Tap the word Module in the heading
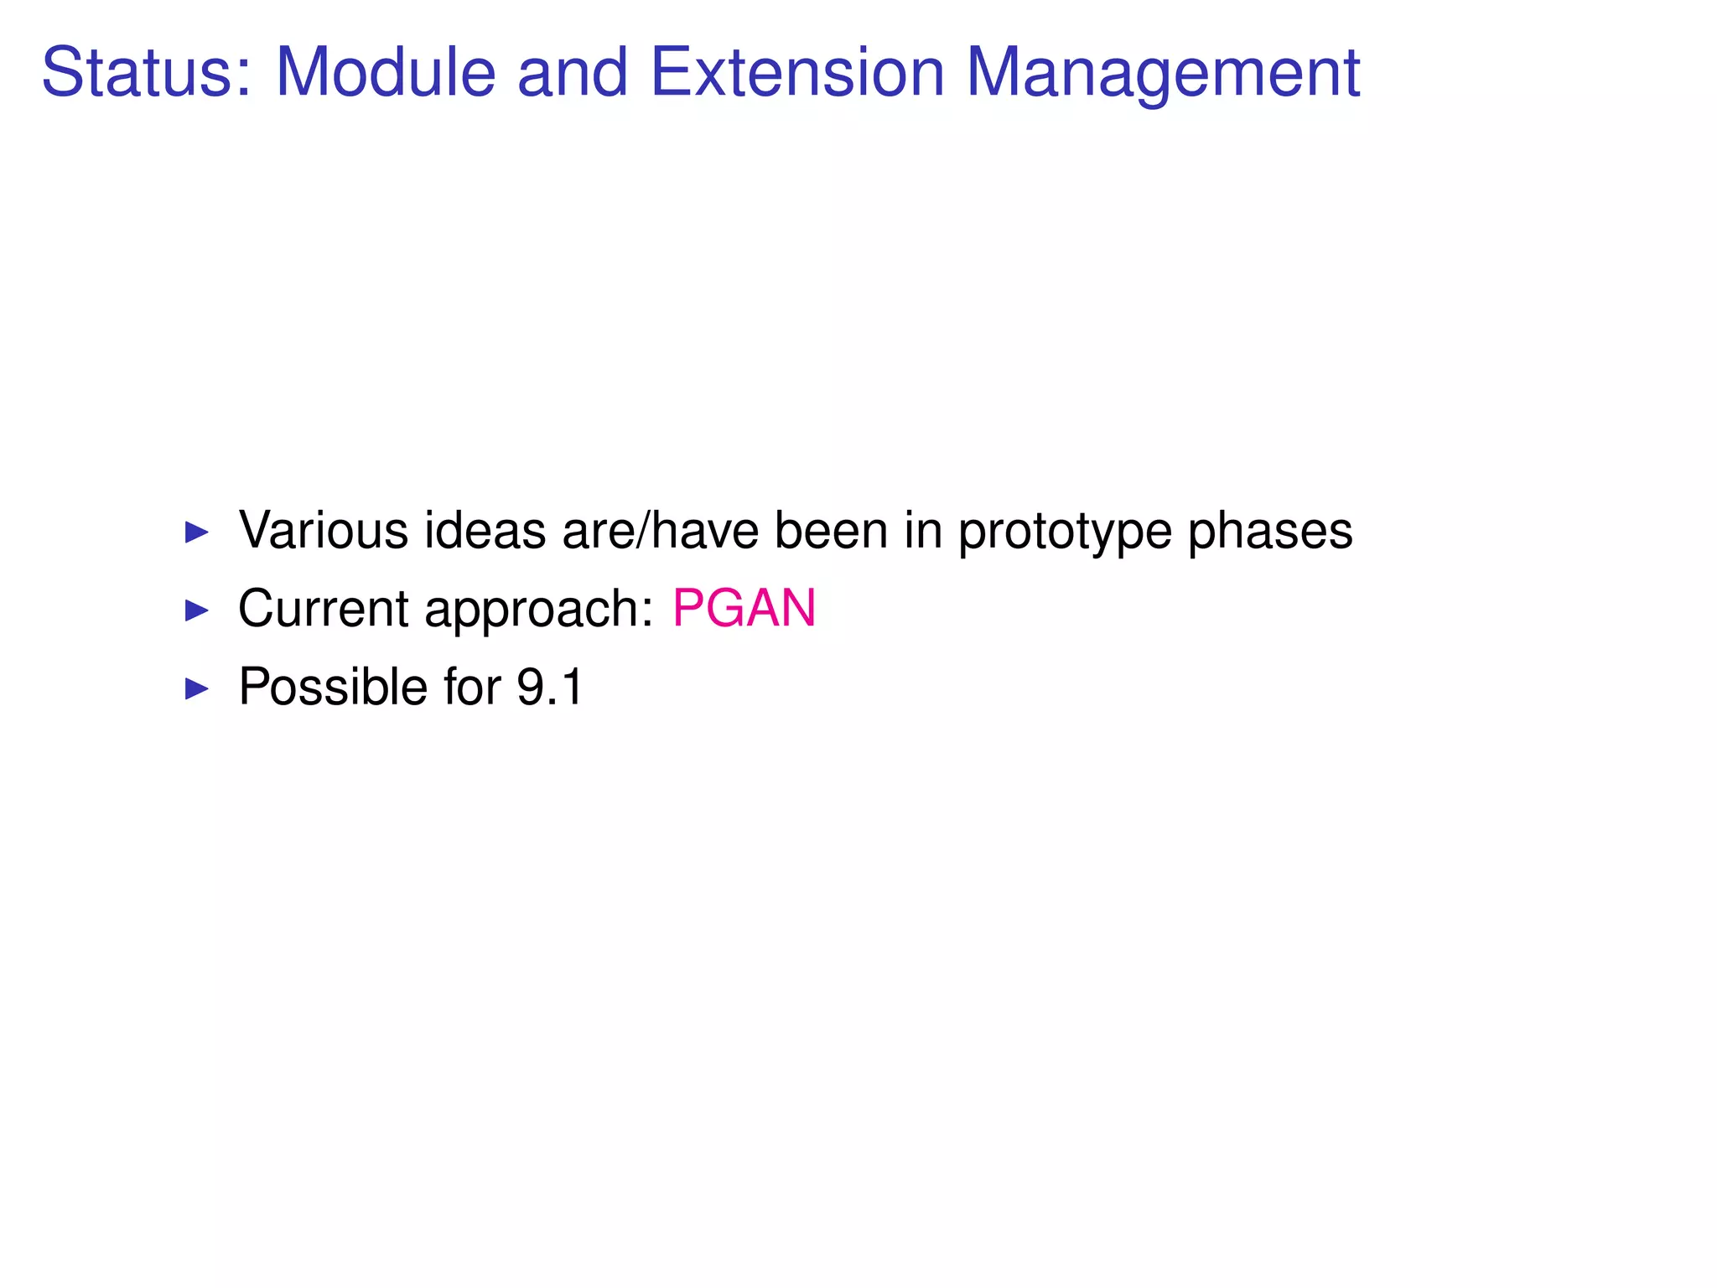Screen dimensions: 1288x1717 386,72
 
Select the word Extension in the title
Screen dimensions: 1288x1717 797,72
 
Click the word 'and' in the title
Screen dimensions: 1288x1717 573,72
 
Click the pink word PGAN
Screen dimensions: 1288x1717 744,608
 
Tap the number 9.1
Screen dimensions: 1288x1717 549,687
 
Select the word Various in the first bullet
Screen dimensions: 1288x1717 324,531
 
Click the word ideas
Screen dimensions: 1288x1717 485,531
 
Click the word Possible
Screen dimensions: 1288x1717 333,687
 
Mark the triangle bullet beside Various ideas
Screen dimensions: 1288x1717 196,532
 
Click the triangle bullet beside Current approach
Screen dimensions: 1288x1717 196,610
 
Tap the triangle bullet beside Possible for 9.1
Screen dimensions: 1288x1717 196,689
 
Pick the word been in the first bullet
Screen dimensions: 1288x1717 831,531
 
